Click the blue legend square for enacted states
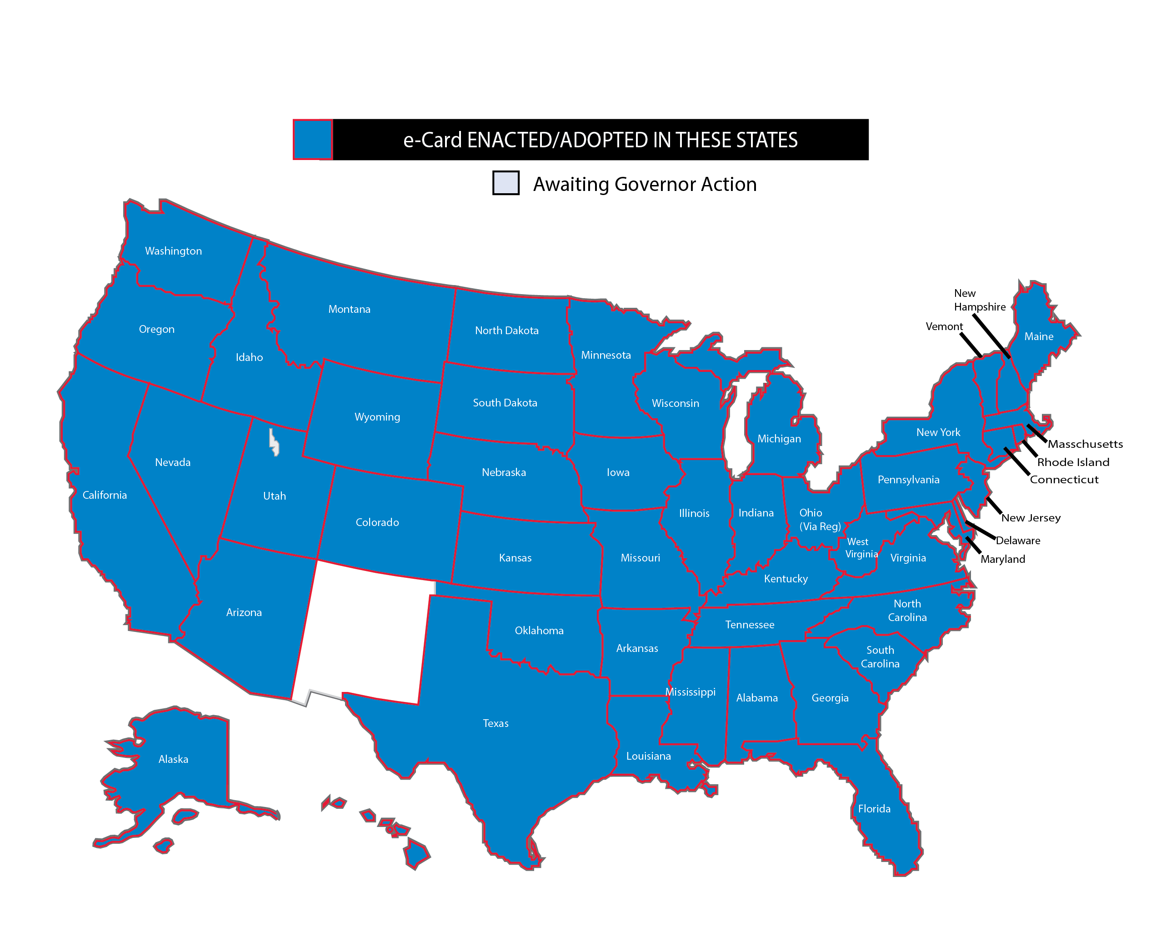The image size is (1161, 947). click(312, 139)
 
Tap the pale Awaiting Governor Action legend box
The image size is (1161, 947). click(505, 183)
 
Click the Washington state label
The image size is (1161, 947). click(173, 251)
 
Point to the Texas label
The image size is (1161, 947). click(495, 723)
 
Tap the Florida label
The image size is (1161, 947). click(874, 809)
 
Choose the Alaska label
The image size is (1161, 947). click(173, 759)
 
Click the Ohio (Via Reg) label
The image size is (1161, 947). click(819, 519)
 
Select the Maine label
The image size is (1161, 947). click(1038, 336)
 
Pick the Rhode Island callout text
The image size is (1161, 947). click(1073, 462)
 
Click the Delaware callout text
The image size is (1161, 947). click(1017, 541)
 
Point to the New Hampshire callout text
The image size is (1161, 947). click(980, 300)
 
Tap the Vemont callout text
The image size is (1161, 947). click(944, 326)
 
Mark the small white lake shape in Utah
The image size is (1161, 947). click(274, 442)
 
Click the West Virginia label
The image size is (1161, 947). click(861, 548)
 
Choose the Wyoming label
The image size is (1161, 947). click(377, 417)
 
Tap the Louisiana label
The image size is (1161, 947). click(648, 756)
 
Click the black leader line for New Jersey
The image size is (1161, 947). click(994, 506)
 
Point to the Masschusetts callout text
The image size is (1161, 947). click(1085, 444)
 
